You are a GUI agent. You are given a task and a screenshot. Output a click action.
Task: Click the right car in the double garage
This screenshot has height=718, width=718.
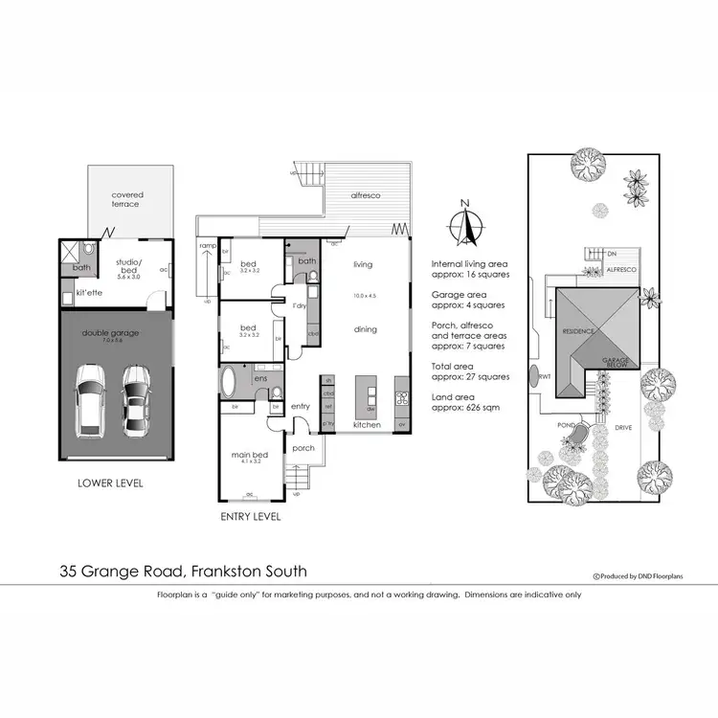click(137, 398)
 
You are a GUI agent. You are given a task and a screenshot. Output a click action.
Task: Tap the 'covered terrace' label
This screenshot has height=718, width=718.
click(125, 199)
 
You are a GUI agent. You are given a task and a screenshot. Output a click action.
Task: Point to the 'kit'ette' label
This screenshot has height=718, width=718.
click(89, 292)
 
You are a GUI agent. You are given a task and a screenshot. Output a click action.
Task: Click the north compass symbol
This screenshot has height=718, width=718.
click(464, 226)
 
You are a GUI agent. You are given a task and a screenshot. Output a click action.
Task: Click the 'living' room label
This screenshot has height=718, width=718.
click(363, 264)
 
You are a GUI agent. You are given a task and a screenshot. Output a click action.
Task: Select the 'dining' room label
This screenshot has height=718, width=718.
click(365, 329)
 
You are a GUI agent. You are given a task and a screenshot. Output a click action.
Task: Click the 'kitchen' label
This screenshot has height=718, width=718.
click(368, 423)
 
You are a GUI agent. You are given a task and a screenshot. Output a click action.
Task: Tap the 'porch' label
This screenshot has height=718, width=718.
click(303, 448)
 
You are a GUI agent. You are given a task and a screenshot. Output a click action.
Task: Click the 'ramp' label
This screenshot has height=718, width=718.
click(207, 246)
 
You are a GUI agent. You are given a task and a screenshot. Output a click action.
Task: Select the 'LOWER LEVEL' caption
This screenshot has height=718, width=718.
click(110, 483)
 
